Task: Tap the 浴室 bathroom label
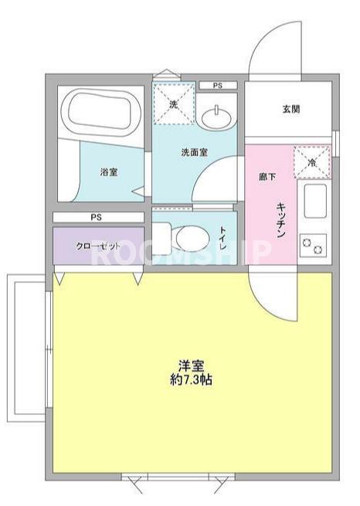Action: tap(109, 172)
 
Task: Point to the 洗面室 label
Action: tap(194, 152)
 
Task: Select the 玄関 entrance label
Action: tap(290, 108)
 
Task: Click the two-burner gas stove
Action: tap(313, 246)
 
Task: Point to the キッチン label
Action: tap(282, 219)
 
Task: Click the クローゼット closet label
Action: tap(99, 245)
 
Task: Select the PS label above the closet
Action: tap(97, 217)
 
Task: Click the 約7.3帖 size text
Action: tap(192, 380)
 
